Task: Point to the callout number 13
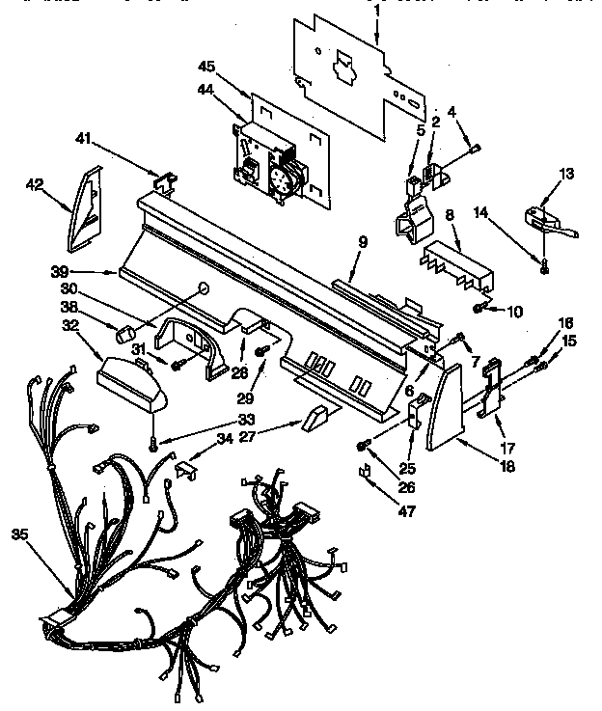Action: [x=566, y=174]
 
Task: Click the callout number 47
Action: [x=406, y=511]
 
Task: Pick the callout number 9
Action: [x=362, y=244]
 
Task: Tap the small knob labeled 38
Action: [x=124, y=335]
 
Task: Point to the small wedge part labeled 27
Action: [x=314, y=417]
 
